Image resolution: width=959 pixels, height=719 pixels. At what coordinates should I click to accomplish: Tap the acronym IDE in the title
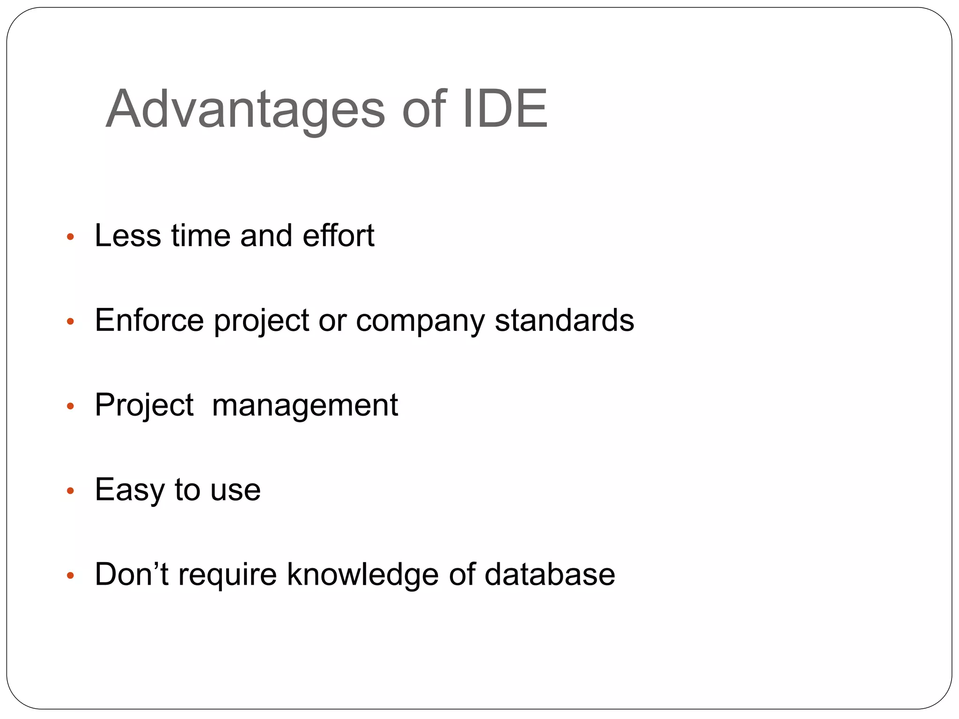pyautogui.click(x=505, y=109)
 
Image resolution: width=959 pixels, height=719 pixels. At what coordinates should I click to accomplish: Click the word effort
pyautogui.click(x=338, y=235)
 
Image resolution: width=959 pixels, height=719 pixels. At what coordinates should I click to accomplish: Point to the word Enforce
pyautogui.click(x=149, y=320)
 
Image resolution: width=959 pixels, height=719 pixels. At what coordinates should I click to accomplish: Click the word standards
pyautogui.click(x=564, y=320)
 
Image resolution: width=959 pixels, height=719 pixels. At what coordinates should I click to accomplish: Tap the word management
pyautogui.click(x=305, y=406)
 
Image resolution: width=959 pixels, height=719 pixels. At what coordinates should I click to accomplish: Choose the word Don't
pyautogui.click(x=132, y=574)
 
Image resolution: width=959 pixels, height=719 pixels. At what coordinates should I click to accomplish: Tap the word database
pyautogui.click(x=550, y=575)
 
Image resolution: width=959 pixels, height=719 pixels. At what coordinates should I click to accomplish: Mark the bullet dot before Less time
pyautogui.click(x=71, y=237)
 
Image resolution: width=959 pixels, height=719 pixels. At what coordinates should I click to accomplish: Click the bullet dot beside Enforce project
pyautogui.click(x=71, y=322)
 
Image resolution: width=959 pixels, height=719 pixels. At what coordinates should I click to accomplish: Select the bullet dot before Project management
pyautogui.click(x=71, y=406)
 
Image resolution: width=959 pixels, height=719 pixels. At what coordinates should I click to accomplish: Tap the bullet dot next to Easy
pyautogui.click(x=71, y=491)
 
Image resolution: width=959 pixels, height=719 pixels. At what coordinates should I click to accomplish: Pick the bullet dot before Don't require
pyautogui.click(x=71, y=576)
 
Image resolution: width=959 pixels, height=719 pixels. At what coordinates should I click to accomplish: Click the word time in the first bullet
pyautogui.click(x=201, y=235)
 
